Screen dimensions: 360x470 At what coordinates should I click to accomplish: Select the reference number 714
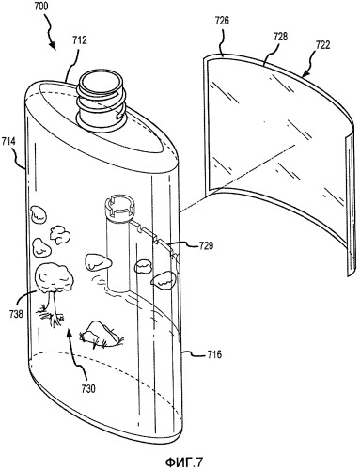(8, 141)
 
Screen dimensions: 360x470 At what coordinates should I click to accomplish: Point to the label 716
(214, 354)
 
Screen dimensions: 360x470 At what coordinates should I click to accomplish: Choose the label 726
(222, 21)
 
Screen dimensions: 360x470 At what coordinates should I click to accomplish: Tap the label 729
(205, 245)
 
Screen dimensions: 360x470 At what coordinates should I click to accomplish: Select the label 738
(16, 313)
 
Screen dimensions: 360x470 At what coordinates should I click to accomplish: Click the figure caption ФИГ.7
(183, 462)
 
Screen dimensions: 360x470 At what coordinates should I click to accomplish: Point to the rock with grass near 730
(101, 334)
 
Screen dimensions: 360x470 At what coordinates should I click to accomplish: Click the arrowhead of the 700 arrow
(53, 47)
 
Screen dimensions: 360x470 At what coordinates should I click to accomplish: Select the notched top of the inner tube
(119, 208)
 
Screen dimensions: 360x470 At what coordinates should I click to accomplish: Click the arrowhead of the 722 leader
(305, 74)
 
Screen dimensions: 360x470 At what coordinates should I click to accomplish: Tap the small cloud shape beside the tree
(59, 234)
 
